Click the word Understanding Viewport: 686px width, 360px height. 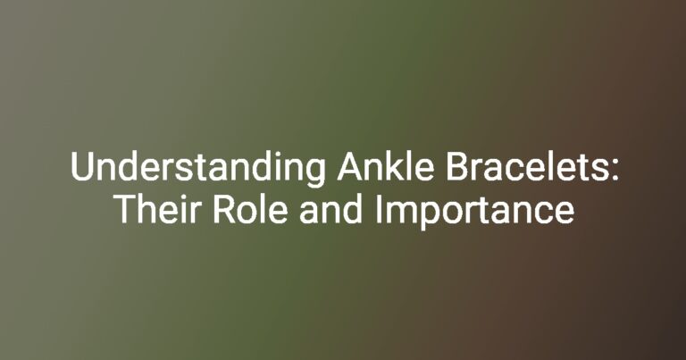click(x=197, y=169)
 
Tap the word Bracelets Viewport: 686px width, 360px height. click(x=529, y=166)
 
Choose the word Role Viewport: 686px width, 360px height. click(x=250, y=209)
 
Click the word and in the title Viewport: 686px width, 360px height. click(x=330, y=209)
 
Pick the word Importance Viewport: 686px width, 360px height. click(x=474, y=212)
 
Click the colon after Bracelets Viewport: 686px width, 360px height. click(x=615, y=170)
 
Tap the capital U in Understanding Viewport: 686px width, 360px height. click(x=82, y=166)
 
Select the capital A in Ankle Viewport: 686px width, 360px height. click(x=351, y=166)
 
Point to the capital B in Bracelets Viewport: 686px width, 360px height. click(x=457, y=166)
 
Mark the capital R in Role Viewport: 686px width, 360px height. click(x=224, y=209)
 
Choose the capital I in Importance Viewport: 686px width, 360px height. click(x=378, y=209)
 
